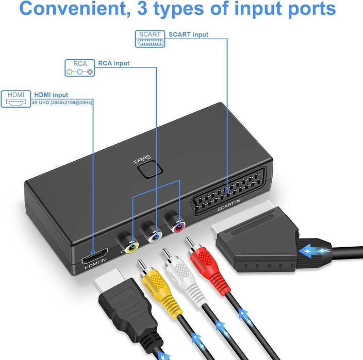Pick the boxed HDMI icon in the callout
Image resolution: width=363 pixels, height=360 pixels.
click(18, 98)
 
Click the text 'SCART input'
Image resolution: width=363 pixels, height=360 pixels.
click(189, 35)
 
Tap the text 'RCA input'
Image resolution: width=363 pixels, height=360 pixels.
click(114, 63)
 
